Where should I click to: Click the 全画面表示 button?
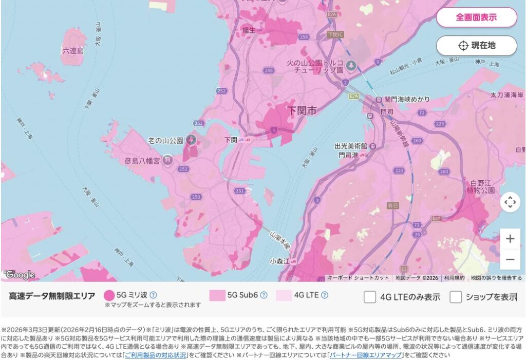[x=476, y=17]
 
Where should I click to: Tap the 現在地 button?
[x=476, y=45]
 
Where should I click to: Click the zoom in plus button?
[x=510, y=239]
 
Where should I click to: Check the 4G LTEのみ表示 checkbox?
[x=370, y=297]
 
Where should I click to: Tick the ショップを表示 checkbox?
[x=456, y=297]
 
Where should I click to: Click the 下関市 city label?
[x=302, y=110]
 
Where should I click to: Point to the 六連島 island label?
[x=72, y=50]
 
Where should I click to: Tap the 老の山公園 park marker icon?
[x=191, y=140]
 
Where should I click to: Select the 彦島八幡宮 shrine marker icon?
[x=167, y=161]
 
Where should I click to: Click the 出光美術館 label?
[x=351, y=145]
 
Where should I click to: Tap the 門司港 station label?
[x=348, y=154]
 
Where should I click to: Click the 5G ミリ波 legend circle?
[x=109, y=295]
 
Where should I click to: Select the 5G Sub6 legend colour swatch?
[x=217, y=295]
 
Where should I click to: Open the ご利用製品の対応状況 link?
[x=155, y=355]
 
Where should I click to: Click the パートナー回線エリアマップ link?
[x=365, y=355]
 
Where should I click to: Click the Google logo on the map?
[x=20, y=275]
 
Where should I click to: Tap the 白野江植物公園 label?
[x=481, y=186]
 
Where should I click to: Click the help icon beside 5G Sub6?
[x=264, y=295]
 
